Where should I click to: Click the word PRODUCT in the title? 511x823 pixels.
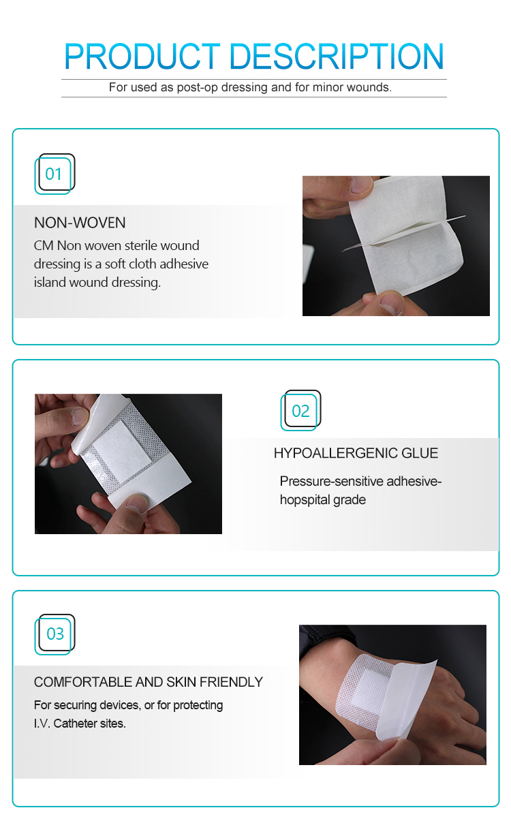tap(142, 57)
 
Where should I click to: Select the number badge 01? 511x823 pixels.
tap(54, 174)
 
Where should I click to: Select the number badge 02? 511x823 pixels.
tap(300, 411)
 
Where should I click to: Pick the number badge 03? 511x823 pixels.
tap(55, 634)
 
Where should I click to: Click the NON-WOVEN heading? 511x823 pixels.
tap(80, 223)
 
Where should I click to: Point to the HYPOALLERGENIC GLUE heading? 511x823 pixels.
tap(356, 453)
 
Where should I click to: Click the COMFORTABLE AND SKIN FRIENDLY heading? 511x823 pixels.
tap(148, 682)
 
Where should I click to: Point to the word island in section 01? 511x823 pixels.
tap(50, 282)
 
